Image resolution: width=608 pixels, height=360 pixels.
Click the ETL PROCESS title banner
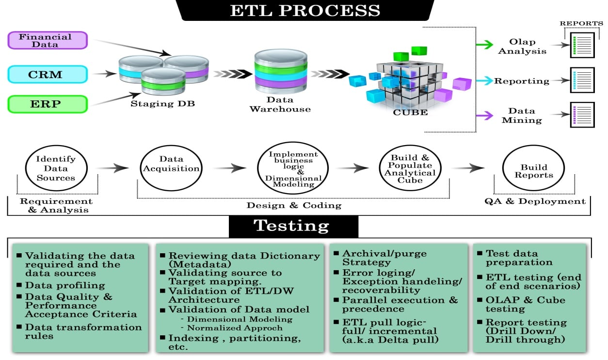point(304,10)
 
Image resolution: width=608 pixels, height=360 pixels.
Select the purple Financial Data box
point(48,40)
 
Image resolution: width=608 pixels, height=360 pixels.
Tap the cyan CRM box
point(48,74)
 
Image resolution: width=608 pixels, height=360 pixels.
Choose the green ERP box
point(48,104)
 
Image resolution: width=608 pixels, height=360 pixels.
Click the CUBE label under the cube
point(411,113)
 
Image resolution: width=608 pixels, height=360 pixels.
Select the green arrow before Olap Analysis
point(483,45)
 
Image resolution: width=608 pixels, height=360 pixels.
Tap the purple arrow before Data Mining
point(483,115)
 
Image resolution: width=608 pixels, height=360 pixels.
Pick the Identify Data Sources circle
point(56,168)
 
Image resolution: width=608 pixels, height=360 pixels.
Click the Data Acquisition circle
point(171,168)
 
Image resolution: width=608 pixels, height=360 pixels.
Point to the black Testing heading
point(293,226)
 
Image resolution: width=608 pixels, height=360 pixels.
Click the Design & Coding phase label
point(294,205)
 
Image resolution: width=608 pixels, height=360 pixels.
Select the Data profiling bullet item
point(65,285)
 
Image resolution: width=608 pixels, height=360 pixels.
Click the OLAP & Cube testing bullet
point(525,304)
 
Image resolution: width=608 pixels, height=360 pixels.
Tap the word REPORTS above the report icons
point(582,23)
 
